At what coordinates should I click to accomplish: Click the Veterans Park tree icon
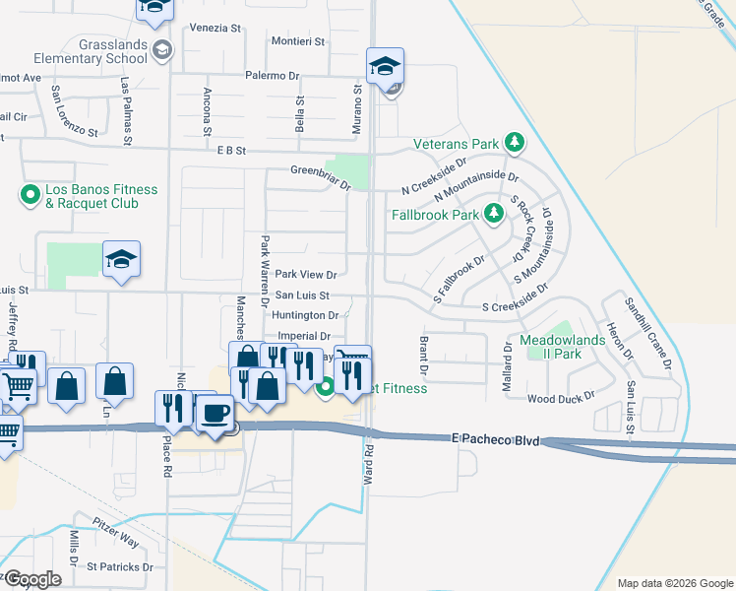[514, 144]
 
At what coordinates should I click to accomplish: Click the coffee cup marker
[215, 412]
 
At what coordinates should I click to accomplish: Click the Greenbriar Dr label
[320, 170]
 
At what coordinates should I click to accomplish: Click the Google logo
[32, 579]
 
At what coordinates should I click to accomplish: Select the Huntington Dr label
[306, 315]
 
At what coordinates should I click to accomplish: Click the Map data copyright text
[675, 583]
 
